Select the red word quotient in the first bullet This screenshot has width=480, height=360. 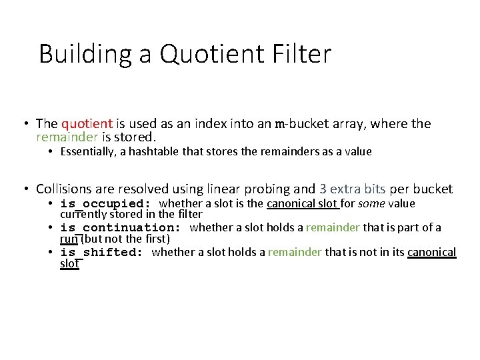point(87,124)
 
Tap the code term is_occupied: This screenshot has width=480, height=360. point(106,203)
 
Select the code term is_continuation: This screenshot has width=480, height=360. point(121,228)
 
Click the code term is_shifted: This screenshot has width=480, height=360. point(102,252)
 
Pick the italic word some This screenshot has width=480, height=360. point(371,203)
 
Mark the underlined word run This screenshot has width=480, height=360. point(69,238)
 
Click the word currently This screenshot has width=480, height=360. point(85,214)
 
